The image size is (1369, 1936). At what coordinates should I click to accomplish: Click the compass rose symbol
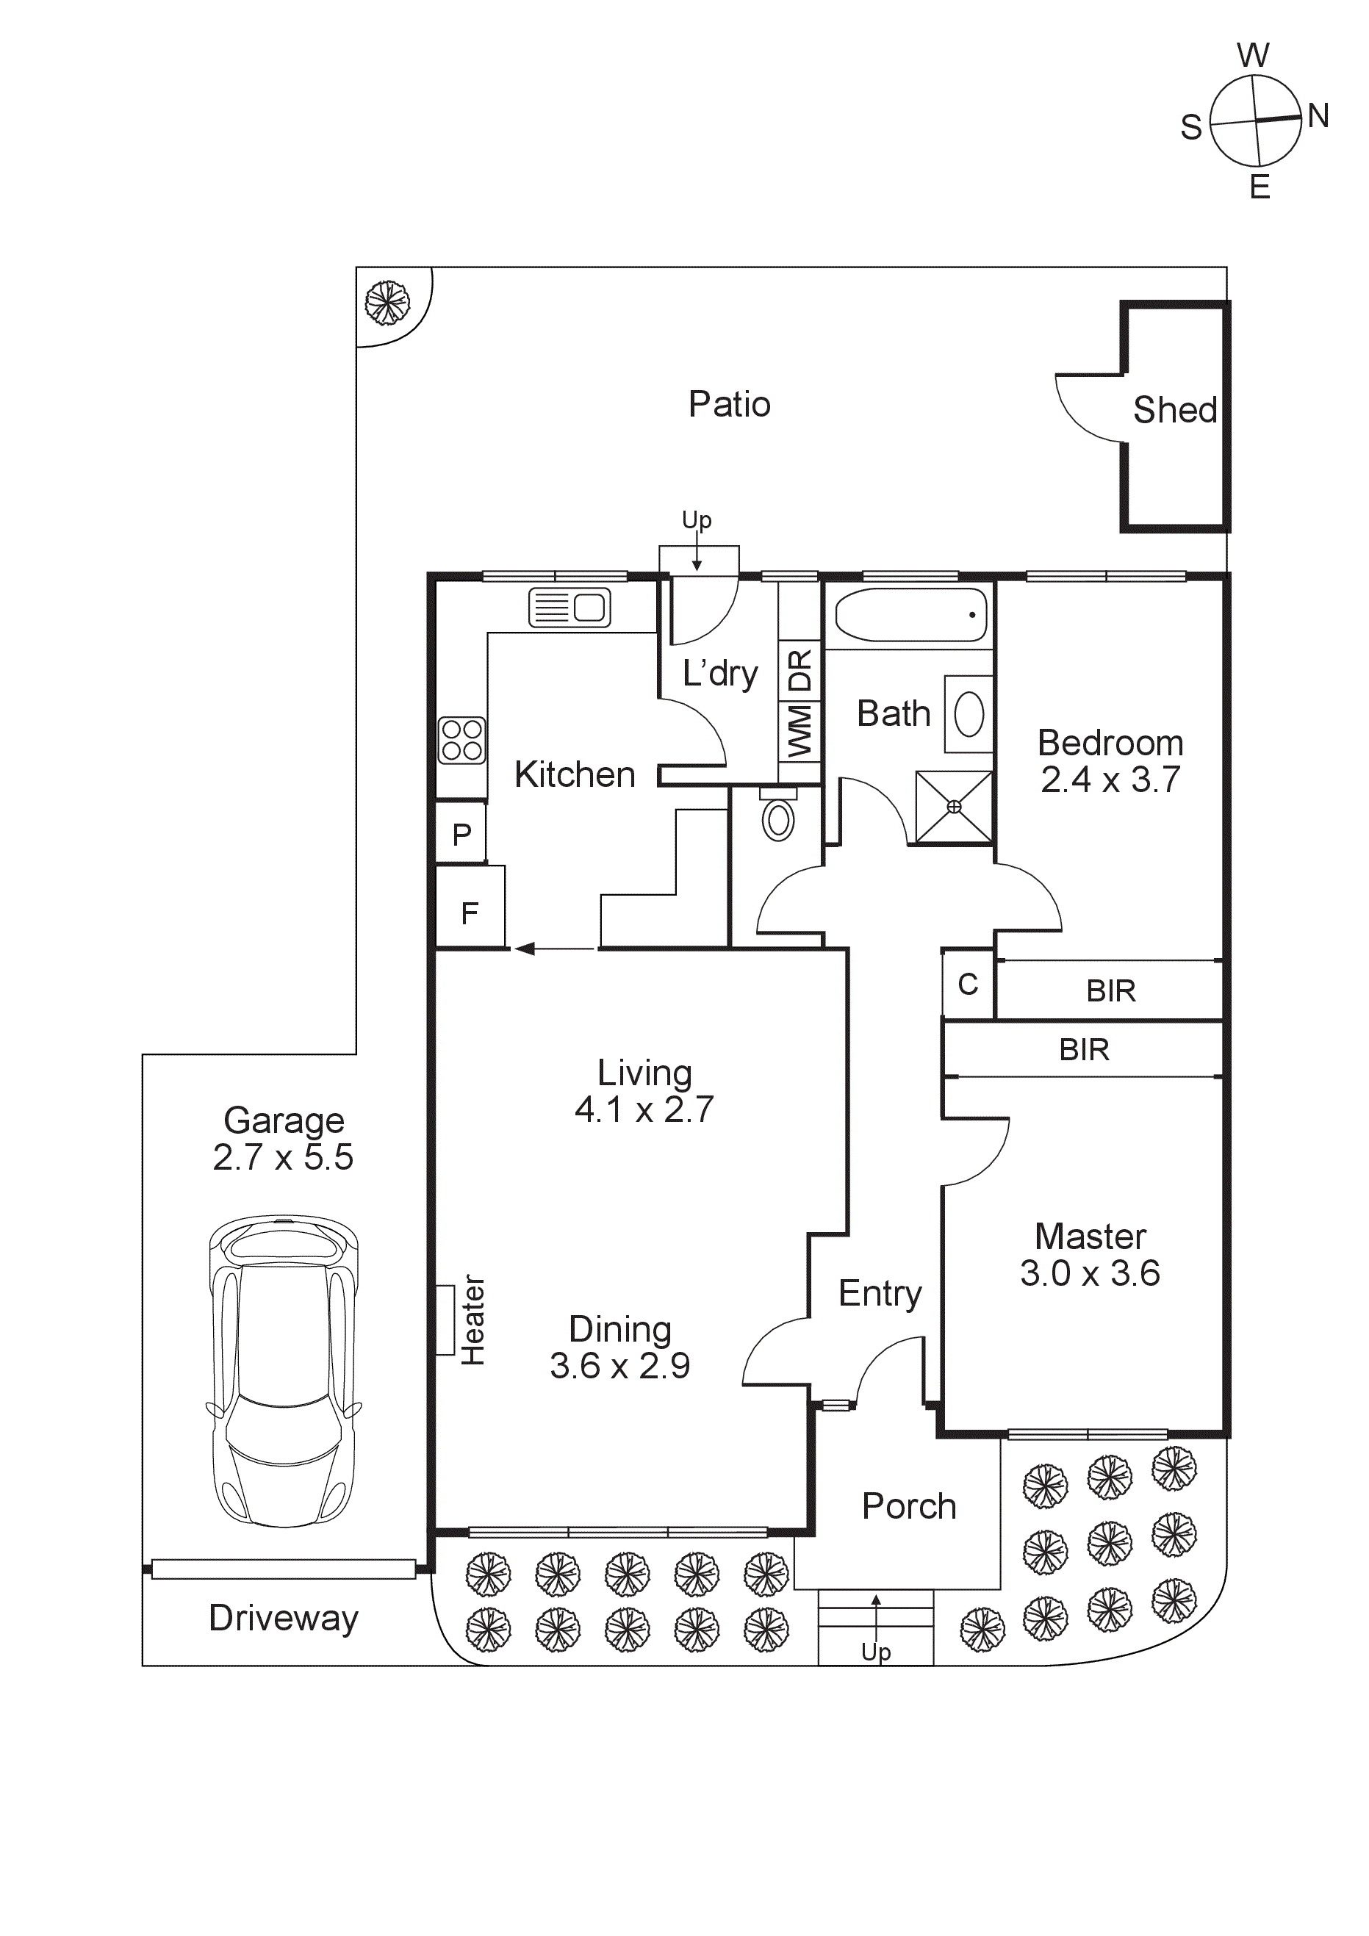pos(1255,120)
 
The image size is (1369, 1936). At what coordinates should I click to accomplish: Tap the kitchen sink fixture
pos(569,607)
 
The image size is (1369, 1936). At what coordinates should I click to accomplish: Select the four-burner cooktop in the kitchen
pos(461,741)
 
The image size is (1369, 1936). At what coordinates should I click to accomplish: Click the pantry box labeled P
pos(461,835)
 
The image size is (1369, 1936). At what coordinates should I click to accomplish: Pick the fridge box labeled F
pos(469,913)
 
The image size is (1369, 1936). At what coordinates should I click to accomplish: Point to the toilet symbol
pos(777,818)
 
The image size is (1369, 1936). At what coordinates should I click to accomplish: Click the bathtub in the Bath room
pos(910,615)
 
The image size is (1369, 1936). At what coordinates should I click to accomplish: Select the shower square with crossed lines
pos(954,807)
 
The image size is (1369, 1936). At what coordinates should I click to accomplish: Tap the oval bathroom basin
pos(969,713)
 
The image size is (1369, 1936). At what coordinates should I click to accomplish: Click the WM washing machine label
pos(799,731)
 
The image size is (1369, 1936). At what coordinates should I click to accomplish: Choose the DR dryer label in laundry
pos(799,669)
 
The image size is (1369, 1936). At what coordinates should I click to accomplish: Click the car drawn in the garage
pos(284,1371)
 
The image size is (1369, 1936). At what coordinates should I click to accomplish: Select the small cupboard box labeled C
pos(968,984)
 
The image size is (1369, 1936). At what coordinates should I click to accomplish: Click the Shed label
pos(1174,410)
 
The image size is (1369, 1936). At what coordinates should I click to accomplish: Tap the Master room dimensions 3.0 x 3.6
pos(1089,1273)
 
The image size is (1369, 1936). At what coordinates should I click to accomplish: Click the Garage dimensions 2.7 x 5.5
pos(283,1158)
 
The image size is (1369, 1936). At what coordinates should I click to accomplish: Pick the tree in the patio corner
pos(387,302)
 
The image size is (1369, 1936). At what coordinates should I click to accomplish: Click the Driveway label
pos(284,1617)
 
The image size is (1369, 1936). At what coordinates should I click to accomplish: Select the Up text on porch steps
pos(875,1651)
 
